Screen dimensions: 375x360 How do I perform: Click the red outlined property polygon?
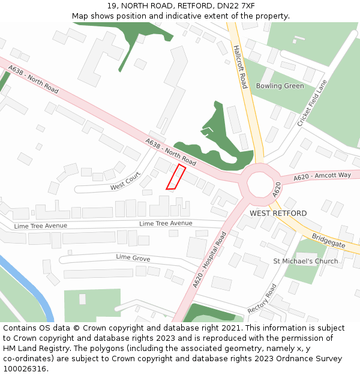(175, 178)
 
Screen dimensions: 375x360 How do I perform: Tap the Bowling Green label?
(280, 86)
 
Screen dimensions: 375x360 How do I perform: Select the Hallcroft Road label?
(240, 66)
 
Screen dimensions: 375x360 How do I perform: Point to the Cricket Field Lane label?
(312, 103)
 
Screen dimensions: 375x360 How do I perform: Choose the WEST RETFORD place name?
(278, 214)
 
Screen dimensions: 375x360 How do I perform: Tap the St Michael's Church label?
(305, 261)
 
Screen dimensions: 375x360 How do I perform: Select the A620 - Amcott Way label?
(322, 175)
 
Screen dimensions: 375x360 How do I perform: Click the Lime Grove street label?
(133, 257)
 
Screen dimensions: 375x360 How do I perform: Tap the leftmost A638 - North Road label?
(34, 79)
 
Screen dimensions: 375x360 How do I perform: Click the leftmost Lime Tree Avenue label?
(41, 226)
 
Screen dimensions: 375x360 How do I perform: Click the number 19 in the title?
(112, 6)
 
